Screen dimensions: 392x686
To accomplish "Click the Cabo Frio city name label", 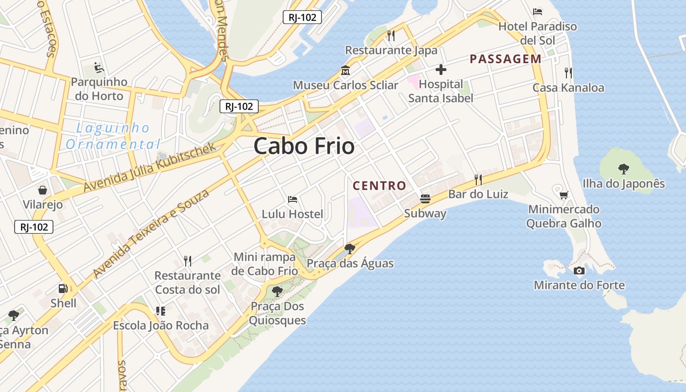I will (304, 146).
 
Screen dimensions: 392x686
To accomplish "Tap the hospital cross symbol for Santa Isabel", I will (441, 70).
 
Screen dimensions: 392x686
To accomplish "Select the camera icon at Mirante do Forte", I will (579, 270).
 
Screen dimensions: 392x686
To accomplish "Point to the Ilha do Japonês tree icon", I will (623, 169).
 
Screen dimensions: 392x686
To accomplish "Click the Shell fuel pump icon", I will (63, 289).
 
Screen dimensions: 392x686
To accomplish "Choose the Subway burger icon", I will (425, 199).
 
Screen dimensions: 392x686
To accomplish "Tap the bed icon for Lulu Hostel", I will (293, 199).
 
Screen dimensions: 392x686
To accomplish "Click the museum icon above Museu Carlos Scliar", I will (345, 71).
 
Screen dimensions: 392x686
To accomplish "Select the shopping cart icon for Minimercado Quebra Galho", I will (563, 195).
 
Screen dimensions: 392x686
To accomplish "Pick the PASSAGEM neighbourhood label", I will (506, 59).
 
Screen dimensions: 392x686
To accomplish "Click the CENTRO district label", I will (379, 186).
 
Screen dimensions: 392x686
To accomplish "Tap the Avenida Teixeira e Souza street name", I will (151, 233).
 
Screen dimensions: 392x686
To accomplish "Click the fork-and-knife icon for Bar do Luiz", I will (478, 180).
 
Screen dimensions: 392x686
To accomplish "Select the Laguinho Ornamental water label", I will (113, 136).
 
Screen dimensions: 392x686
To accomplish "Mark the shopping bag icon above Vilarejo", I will (43, 190).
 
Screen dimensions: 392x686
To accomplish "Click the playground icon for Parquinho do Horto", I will (98, 67).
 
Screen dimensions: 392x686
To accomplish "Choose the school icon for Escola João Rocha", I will (160, 311).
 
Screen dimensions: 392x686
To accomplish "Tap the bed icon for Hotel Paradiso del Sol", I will (538, 11).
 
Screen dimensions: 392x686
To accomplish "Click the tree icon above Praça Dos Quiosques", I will (277, 292).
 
